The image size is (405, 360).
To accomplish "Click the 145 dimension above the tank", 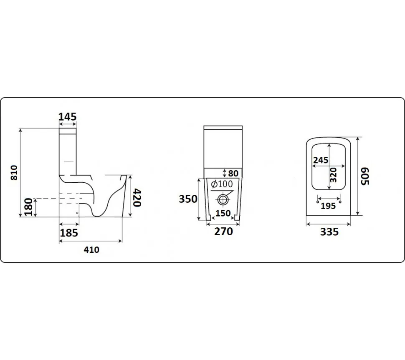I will click(68, 117).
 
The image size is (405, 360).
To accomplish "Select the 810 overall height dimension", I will click(13, 172).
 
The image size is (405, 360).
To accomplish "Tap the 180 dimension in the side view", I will click(28, 208).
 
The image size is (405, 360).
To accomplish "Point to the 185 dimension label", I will click(69, 232).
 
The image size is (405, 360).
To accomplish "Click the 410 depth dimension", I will click(91, 249).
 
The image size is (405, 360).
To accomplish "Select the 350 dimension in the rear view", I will click(188, 199).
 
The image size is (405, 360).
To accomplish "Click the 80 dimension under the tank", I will click(233, 172).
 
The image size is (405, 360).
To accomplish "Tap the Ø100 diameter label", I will click(221, 184).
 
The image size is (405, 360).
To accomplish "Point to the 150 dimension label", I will click(223, 213).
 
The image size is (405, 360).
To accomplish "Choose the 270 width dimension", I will click(223, 231).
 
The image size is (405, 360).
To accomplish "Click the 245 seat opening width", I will click(321, 160).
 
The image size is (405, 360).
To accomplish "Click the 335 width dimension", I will click(329, 232).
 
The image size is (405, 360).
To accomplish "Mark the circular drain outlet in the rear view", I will click(223, 199).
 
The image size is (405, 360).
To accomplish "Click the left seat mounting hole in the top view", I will click(319, 202).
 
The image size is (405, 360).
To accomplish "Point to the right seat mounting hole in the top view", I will click(341, 202).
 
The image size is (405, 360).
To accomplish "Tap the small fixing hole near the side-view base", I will click(77, 213).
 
